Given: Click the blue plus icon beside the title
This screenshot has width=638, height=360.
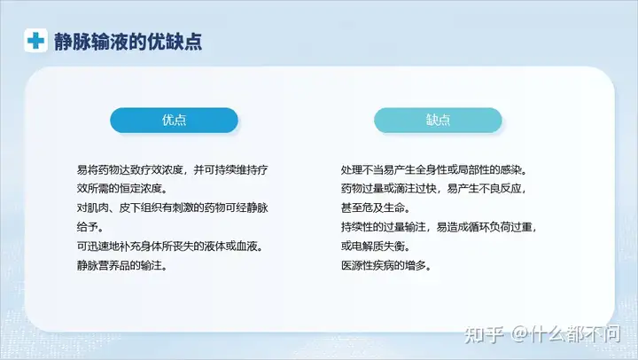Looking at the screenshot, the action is point(35,40).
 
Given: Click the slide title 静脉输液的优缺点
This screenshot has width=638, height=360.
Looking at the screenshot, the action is point(128,42).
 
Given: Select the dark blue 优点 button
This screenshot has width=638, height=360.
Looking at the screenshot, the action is point(175,120).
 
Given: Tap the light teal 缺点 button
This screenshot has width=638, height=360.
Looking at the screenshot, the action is point(438,120).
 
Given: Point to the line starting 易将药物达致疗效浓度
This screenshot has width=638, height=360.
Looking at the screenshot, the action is point(173,169).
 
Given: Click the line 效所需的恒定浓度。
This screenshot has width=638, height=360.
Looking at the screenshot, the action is point(121,189).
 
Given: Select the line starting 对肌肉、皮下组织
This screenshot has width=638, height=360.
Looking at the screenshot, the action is point(173,207).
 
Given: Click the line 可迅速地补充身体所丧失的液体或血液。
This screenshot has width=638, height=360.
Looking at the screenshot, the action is point(169,247).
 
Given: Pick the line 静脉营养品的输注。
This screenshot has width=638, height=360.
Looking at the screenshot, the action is point(121,265).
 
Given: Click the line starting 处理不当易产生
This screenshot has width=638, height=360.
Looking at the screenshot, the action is point(433,169).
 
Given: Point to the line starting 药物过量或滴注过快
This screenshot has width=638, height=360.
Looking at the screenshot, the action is point(433,189).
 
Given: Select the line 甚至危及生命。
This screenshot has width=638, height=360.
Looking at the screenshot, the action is point(375,207).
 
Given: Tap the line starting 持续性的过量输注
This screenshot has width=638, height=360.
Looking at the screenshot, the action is point(439,227).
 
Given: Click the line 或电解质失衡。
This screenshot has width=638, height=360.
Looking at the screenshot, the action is point(375,247).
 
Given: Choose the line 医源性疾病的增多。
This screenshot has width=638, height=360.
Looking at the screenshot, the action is point(385,265).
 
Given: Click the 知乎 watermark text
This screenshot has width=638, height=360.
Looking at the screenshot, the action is point(484,334).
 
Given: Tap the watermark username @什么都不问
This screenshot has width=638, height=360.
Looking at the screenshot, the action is point(565,334).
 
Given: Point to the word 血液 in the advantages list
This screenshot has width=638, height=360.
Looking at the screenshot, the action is point(247,247).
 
